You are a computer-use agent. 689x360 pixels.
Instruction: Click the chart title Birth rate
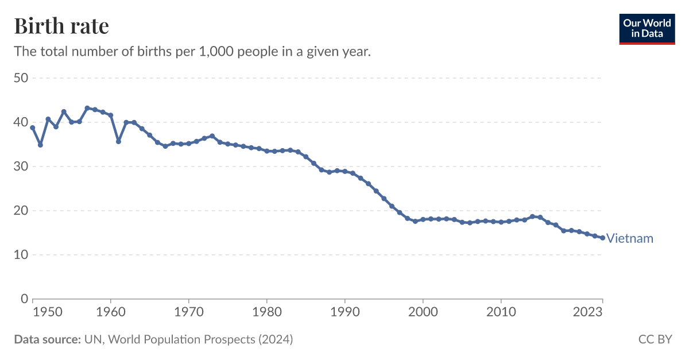(61, 26)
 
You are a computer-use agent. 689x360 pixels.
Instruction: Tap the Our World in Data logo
(647, 29)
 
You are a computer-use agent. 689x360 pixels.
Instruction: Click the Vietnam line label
(629, 238)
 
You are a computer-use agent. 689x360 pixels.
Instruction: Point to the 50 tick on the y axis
(21, 78)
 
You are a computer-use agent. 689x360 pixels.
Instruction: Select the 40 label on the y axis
(21, 122)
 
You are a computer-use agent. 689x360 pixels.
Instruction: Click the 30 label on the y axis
(21, 167)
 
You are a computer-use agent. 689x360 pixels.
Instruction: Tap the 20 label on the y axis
(21, 211)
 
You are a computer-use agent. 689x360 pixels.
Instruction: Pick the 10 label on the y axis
(21, 255)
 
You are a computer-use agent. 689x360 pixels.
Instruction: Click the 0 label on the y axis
(24, 299)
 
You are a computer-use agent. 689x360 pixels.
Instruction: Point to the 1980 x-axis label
(267, 312)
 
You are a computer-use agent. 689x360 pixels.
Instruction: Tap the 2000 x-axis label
(423, 312)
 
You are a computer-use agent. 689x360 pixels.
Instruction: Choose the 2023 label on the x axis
(587, 312)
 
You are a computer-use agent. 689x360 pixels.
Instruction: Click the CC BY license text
(655, 339)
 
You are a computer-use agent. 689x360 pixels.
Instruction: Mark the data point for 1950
(33, 127)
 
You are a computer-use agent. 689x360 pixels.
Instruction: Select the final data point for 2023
(602, 238)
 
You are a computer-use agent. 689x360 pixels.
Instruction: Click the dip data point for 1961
(118, 141)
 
